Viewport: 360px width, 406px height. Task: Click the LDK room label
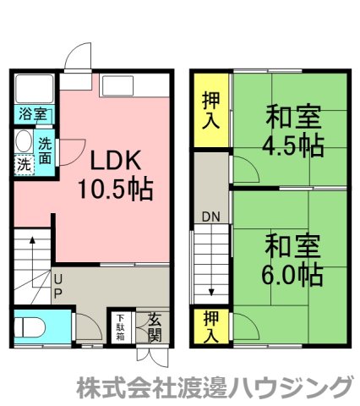coord(116,161)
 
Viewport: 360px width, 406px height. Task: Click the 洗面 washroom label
coord(45,150)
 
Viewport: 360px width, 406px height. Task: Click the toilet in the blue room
coord(30,326)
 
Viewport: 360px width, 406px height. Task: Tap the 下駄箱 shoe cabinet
coord(120,326)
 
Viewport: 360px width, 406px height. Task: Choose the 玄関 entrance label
coord(154,326)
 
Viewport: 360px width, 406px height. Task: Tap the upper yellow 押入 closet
coord(211,110)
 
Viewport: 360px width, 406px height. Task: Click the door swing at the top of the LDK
coord(77,61)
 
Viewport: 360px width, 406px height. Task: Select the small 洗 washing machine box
coord(23,164)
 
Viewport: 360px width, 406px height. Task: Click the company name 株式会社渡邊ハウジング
coord(213,387)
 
